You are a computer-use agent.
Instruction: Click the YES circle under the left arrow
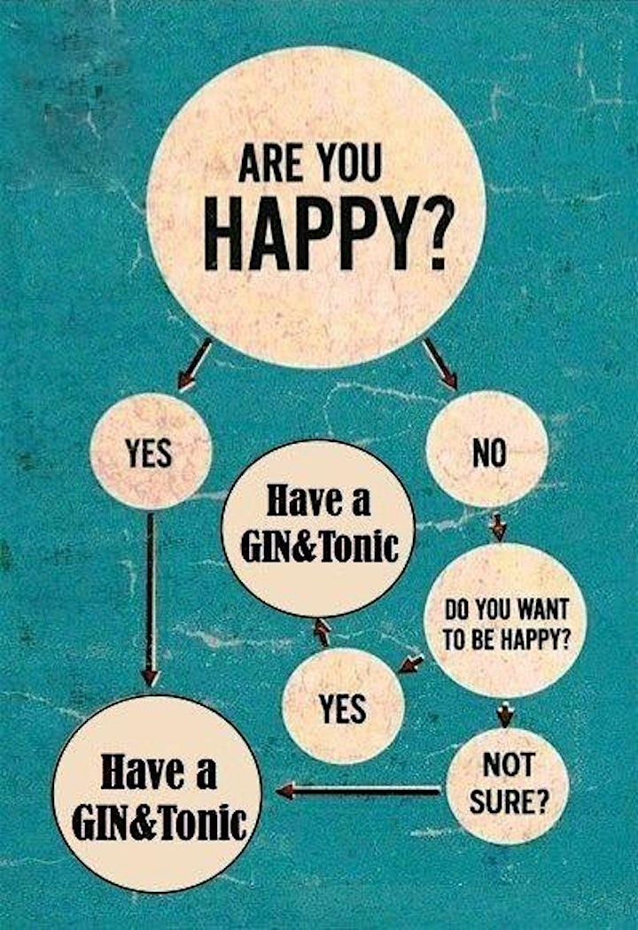pos(151,452)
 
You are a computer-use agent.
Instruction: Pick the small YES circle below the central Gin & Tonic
pos(343,706)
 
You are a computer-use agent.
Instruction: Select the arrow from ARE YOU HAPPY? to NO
pos(440,364)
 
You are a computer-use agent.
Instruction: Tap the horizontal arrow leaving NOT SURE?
pos(359,790)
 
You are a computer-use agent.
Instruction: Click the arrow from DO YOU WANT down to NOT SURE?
pos(504,715)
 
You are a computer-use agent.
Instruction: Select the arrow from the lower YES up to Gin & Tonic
pos(323,632)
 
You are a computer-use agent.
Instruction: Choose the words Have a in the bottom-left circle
pos(159,772)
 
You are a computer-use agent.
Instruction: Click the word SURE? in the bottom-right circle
pos(509,802)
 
